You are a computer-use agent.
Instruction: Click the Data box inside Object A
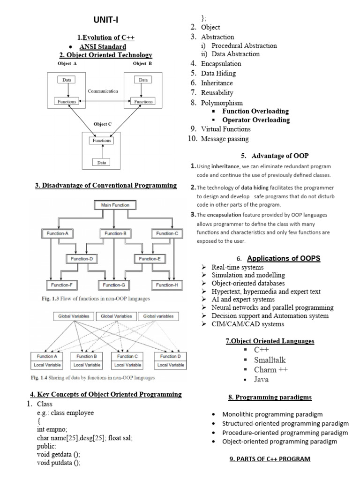(67, 80)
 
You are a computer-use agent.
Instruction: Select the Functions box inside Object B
(143, 101)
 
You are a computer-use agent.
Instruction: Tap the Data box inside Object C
(102, 162)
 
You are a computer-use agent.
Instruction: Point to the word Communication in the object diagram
(103, 91)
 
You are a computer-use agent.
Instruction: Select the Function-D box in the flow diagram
(82, 258)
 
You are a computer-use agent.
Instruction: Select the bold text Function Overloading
(255, 111)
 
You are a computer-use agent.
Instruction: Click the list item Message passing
(225, 139)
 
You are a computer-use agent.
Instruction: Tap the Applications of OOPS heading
(283, 258)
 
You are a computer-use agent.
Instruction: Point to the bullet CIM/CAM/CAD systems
(247, 324)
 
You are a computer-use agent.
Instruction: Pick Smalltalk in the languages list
(270, 360)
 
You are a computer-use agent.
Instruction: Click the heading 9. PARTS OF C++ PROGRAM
(270, 458)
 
